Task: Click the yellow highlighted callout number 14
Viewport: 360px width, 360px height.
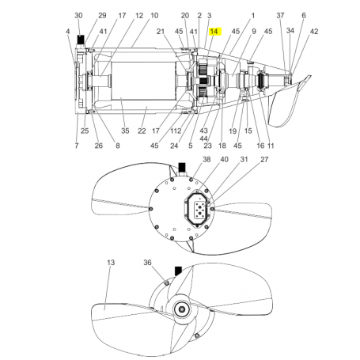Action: (x=214, y=30)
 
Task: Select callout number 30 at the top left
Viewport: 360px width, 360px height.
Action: (x=78, y=16)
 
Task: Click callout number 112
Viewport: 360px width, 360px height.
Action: (x=175, y=131)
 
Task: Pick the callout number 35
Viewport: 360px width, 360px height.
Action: (x=124, y=131)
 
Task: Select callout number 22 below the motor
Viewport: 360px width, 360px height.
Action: (x=142, y=131)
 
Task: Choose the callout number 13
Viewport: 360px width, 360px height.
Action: (x=110, y=262)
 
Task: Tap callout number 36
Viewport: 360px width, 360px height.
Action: (x=147, y=262)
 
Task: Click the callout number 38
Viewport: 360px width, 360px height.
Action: (x=185, y=159)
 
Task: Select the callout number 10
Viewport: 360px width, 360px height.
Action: (x=154, y=16)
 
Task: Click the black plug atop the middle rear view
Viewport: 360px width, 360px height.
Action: (x=182, y=166)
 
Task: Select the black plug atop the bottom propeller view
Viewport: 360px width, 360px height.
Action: (x=177, y=270)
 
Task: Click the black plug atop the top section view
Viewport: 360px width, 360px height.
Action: (x=81, y=38)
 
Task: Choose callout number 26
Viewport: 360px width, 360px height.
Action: (x=99, y=146)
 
